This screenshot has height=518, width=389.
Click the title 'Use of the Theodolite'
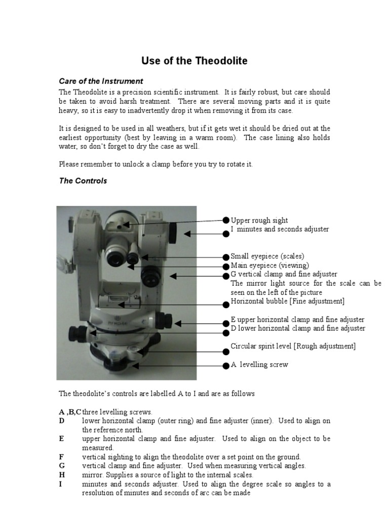[x=194, y=61]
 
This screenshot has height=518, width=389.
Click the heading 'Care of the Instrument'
[x=101, y=81]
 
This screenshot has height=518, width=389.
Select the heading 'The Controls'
[x=83, y=181]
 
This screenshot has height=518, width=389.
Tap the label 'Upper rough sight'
[x=259, y=220]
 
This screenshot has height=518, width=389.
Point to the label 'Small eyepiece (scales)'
[x=267, y=256]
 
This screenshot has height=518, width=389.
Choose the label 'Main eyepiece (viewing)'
[x=269, y=266]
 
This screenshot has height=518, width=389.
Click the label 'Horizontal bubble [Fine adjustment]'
[x=287, y=301]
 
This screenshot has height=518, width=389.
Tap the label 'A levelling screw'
[x=259, y=365]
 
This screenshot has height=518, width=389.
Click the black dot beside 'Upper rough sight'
[x=226, y=220]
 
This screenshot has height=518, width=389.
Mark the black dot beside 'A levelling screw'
[x=226, y=365]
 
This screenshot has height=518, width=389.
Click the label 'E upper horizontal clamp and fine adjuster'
[x=297, y=320]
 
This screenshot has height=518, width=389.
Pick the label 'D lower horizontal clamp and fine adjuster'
[x=298, y=328]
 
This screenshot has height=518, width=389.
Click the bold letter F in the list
[x=61, y=457]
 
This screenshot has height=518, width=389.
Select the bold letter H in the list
[x=62, y=475]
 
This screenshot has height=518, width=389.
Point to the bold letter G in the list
[x=62, y=466]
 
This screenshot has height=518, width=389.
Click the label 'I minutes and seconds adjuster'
[x=280, y=229]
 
